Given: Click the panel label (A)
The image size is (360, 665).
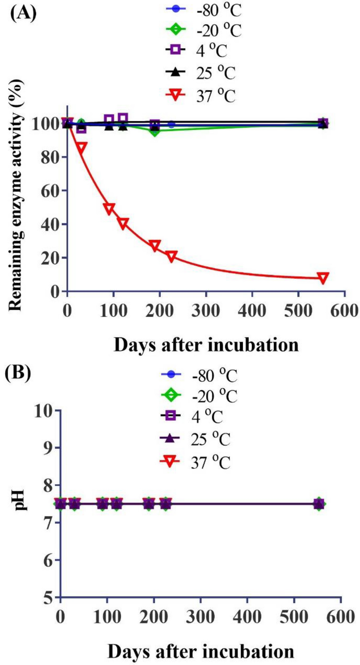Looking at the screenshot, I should tap(23, 14).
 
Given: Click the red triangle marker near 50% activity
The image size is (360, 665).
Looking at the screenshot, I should tap(109, 209).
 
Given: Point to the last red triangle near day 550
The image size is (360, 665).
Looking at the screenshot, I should tap(323, 278).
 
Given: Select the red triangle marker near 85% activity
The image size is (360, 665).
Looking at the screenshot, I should tap(81, 147).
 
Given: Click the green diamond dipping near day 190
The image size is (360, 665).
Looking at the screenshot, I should tap(155, 131).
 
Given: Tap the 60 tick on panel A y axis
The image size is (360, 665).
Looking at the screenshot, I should tap(50, 191).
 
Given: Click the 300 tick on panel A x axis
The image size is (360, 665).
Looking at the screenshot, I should tap(206, 310).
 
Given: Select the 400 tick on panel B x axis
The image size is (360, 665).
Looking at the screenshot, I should tap(247, 617).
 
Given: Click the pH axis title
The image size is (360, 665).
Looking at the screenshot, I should tap(19, 501).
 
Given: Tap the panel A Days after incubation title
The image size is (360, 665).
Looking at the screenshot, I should tap(206, 345).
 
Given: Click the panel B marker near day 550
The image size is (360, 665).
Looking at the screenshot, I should tap(319, 504).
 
